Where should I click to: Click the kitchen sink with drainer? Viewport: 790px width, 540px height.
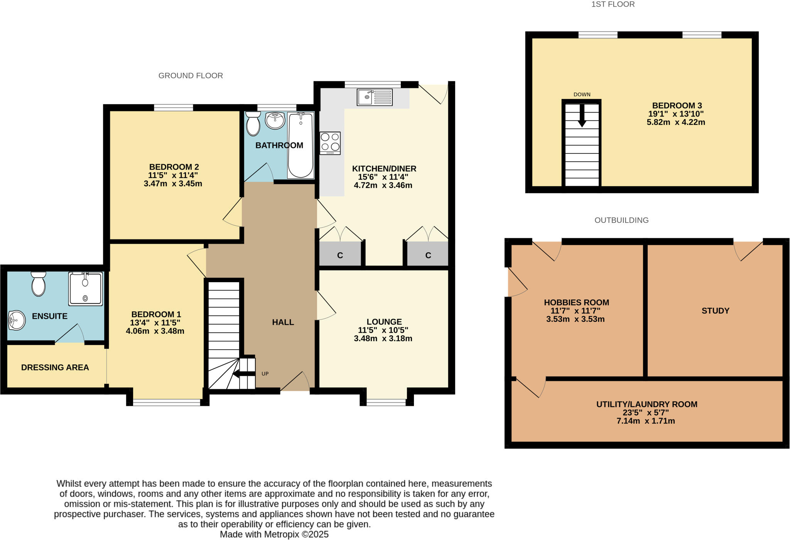375,97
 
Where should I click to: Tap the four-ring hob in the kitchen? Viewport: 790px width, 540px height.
330,143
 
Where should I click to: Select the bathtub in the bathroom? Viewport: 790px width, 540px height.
300,145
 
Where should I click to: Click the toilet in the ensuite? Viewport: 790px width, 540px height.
39,284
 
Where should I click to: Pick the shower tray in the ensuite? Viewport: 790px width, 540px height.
86,289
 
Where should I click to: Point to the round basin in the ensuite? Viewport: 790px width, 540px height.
17,320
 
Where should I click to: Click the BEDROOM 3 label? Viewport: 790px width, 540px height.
677,106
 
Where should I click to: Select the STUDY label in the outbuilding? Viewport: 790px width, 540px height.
715,311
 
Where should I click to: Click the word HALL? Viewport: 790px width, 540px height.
283,322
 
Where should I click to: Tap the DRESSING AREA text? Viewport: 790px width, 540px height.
55,367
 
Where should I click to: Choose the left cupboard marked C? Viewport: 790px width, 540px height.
340,255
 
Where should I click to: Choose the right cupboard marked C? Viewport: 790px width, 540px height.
428,255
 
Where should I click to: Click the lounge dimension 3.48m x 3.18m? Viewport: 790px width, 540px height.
383,338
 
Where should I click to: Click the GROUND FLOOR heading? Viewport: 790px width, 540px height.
191,76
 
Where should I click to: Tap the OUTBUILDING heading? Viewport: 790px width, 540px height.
621,220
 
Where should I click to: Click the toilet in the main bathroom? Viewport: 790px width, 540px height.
253,123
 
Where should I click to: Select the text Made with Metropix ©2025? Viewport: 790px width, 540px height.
274,534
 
